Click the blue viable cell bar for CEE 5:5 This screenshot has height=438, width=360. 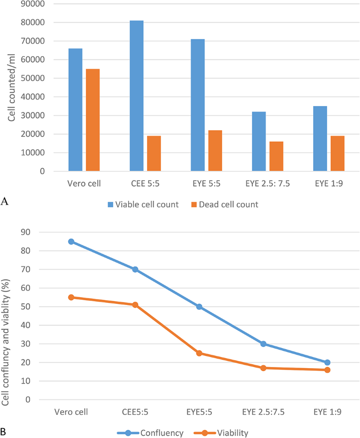coord(136,96)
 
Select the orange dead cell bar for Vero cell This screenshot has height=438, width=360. coord(92,120)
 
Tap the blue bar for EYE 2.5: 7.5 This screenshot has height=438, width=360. coord(259,141)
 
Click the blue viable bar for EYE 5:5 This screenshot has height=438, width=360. coord(198,105)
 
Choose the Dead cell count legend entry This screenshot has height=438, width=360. coord(228,205)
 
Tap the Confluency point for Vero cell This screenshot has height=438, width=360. coord(71,242)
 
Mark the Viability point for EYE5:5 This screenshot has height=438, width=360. coord(199,353)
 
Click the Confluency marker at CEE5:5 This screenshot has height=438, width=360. coord(135,269)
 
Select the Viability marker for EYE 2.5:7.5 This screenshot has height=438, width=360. coord(263,368)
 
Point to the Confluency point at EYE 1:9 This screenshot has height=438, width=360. coord(327,362)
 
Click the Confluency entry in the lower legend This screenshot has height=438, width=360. coord(156,433)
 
